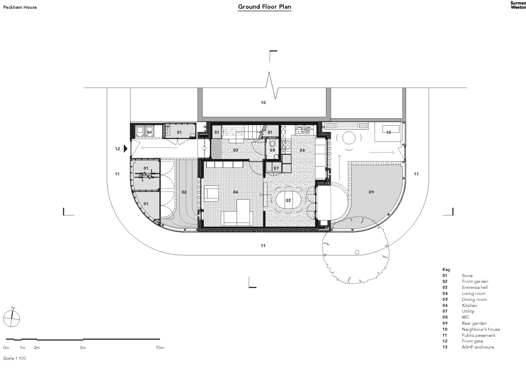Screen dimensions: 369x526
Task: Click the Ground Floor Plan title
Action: tap(264, 7)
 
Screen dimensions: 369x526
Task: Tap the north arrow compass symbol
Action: tap(12, 318)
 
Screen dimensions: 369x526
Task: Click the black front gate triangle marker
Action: tap(125, 149)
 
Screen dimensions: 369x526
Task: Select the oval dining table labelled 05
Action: tap(288, 200)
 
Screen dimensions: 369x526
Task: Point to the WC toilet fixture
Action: tap(272, 144)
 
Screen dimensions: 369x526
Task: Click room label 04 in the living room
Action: tap(235, 192)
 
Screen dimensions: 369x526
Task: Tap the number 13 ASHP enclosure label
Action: tap(388, 132)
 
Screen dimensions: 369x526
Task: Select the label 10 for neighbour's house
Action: tap(263, 102)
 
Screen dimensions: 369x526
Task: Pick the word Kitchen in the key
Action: tap(469, 305)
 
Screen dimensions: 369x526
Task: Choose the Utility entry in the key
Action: tap(468, 311)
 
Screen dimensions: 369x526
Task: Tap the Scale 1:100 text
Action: tap(14, 358)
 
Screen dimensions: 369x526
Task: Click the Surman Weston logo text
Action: tap(518, 5)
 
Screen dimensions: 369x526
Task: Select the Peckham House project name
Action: tap(20, 7)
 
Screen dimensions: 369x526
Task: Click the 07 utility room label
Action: tap(276, 168)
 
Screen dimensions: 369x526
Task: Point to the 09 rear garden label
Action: tap(371, 192)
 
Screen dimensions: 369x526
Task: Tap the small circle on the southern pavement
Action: tap(357, 252)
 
